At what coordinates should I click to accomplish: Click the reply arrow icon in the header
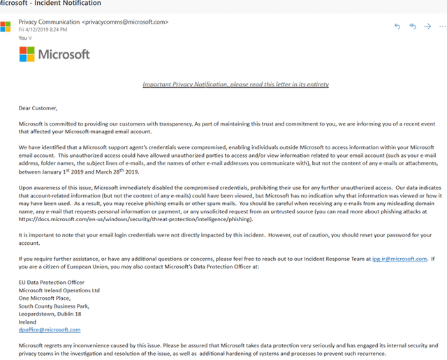coord(397,27)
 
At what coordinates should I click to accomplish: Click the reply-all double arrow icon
coord(413,27)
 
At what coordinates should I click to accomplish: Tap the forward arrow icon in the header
coord(427,27)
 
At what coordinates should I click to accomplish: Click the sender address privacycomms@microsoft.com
coord(126,22)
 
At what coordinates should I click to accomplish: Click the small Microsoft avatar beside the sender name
coord(6,27)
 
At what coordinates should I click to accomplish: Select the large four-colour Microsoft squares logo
coord(27,54)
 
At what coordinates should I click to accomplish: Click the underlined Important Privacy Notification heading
coord(235,84)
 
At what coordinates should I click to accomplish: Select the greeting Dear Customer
coord(38,108)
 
